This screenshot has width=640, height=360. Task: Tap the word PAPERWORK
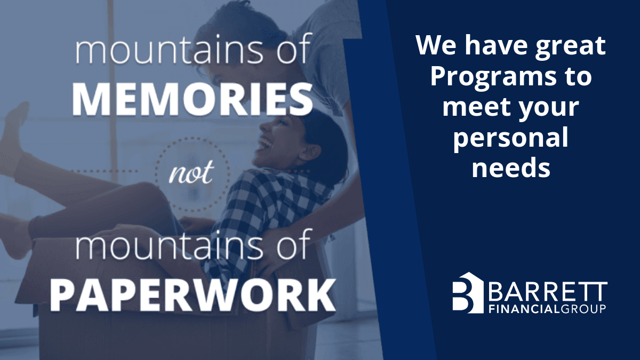pyautogui.click(x=193, y=295)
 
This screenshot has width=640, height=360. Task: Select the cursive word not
pyautogui.click(x=191, y=171)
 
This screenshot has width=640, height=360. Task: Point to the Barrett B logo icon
pyautogui.click(x=468, y=293)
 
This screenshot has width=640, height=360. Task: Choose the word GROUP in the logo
pyautogui.click(x=582, y=309)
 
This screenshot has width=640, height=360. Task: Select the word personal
pyautogui.click(x=511, y=139)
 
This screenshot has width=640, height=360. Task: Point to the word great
pyautogui.click(x=570, y=46)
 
